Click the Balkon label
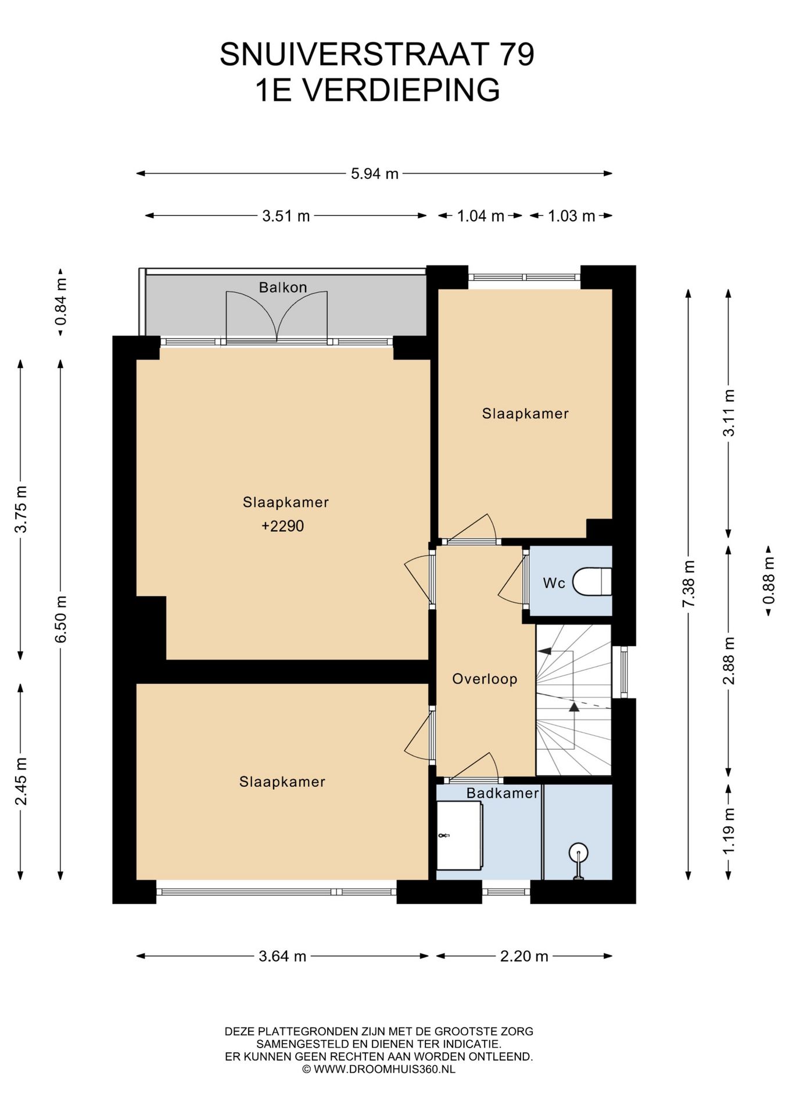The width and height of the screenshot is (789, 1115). [x=283, y=287]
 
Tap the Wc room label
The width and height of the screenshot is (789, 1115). [x=554, y=583]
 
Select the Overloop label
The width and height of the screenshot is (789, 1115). [x=485, y=678]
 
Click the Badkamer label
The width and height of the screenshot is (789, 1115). [x=503, y=793]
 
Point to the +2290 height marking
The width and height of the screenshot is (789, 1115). [x=283, y=526]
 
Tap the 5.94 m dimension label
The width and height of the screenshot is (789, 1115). [x=374, y=173]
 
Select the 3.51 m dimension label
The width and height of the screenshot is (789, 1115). [x=286, y=216]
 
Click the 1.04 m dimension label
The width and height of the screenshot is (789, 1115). [x=480, y=216]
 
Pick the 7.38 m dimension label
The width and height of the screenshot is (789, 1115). [x=688, y=584]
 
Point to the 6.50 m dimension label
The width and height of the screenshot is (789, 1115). [x=61, y=619]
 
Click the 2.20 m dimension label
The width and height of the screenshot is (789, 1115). [x=524, y=956]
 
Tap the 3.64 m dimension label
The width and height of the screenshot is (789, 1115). [x=282, y=956]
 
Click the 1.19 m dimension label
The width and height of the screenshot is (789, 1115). [x=729, y=831]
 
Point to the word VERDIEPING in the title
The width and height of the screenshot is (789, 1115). [x=401, y=90]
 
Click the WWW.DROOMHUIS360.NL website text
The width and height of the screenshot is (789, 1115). [x=385, y=1069]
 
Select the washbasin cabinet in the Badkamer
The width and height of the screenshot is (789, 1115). [x=460, y=836]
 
